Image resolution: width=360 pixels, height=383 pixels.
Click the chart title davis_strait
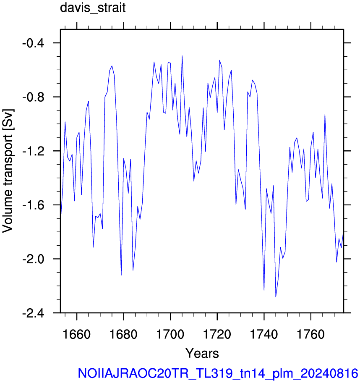(x=93, y=8)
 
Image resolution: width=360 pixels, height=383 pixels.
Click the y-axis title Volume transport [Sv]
(x=8, y=171)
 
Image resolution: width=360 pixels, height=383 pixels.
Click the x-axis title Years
(x=202, y=353)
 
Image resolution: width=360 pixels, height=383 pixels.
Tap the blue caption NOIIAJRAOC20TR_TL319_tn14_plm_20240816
(x=218, y=373)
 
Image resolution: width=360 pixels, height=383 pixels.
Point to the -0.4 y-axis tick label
(x=33, y=43)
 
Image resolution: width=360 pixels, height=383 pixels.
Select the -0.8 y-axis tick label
(x=33, y=97)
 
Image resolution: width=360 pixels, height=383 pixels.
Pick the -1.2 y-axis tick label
(x=33, y=151)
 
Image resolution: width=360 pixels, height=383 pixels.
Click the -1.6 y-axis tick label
(x=33, y=205)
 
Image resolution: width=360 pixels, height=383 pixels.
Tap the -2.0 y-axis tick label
(x=33, y=259)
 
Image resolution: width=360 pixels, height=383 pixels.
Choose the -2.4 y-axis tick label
(x=33, y=313)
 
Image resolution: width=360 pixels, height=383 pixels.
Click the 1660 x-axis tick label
(x=77, y=334)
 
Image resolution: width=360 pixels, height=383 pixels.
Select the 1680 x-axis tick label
(x=123, y=334)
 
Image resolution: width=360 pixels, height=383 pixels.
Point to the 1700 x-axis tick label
(x=170, y=334)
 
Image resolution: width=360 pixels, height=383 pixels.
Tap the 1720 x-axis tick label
(x=217, y=334)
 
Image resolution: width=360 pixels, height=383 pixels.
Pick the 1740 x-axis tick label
(x=264, y=334)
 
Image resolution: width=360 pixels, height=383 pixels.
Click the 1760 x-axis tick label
(x=311, y=334)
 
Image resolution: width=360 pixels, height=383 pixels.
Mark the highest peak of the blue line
(x=182, y=56)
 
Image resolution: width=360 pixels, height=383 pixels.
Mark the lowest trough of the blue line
(x=276, y=297)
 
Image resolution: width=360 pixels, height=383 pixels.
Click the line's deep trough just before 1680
(x=121, y=275)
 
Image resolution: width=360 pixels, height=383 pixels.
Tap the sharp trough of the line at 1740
(x=264, y=290)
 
